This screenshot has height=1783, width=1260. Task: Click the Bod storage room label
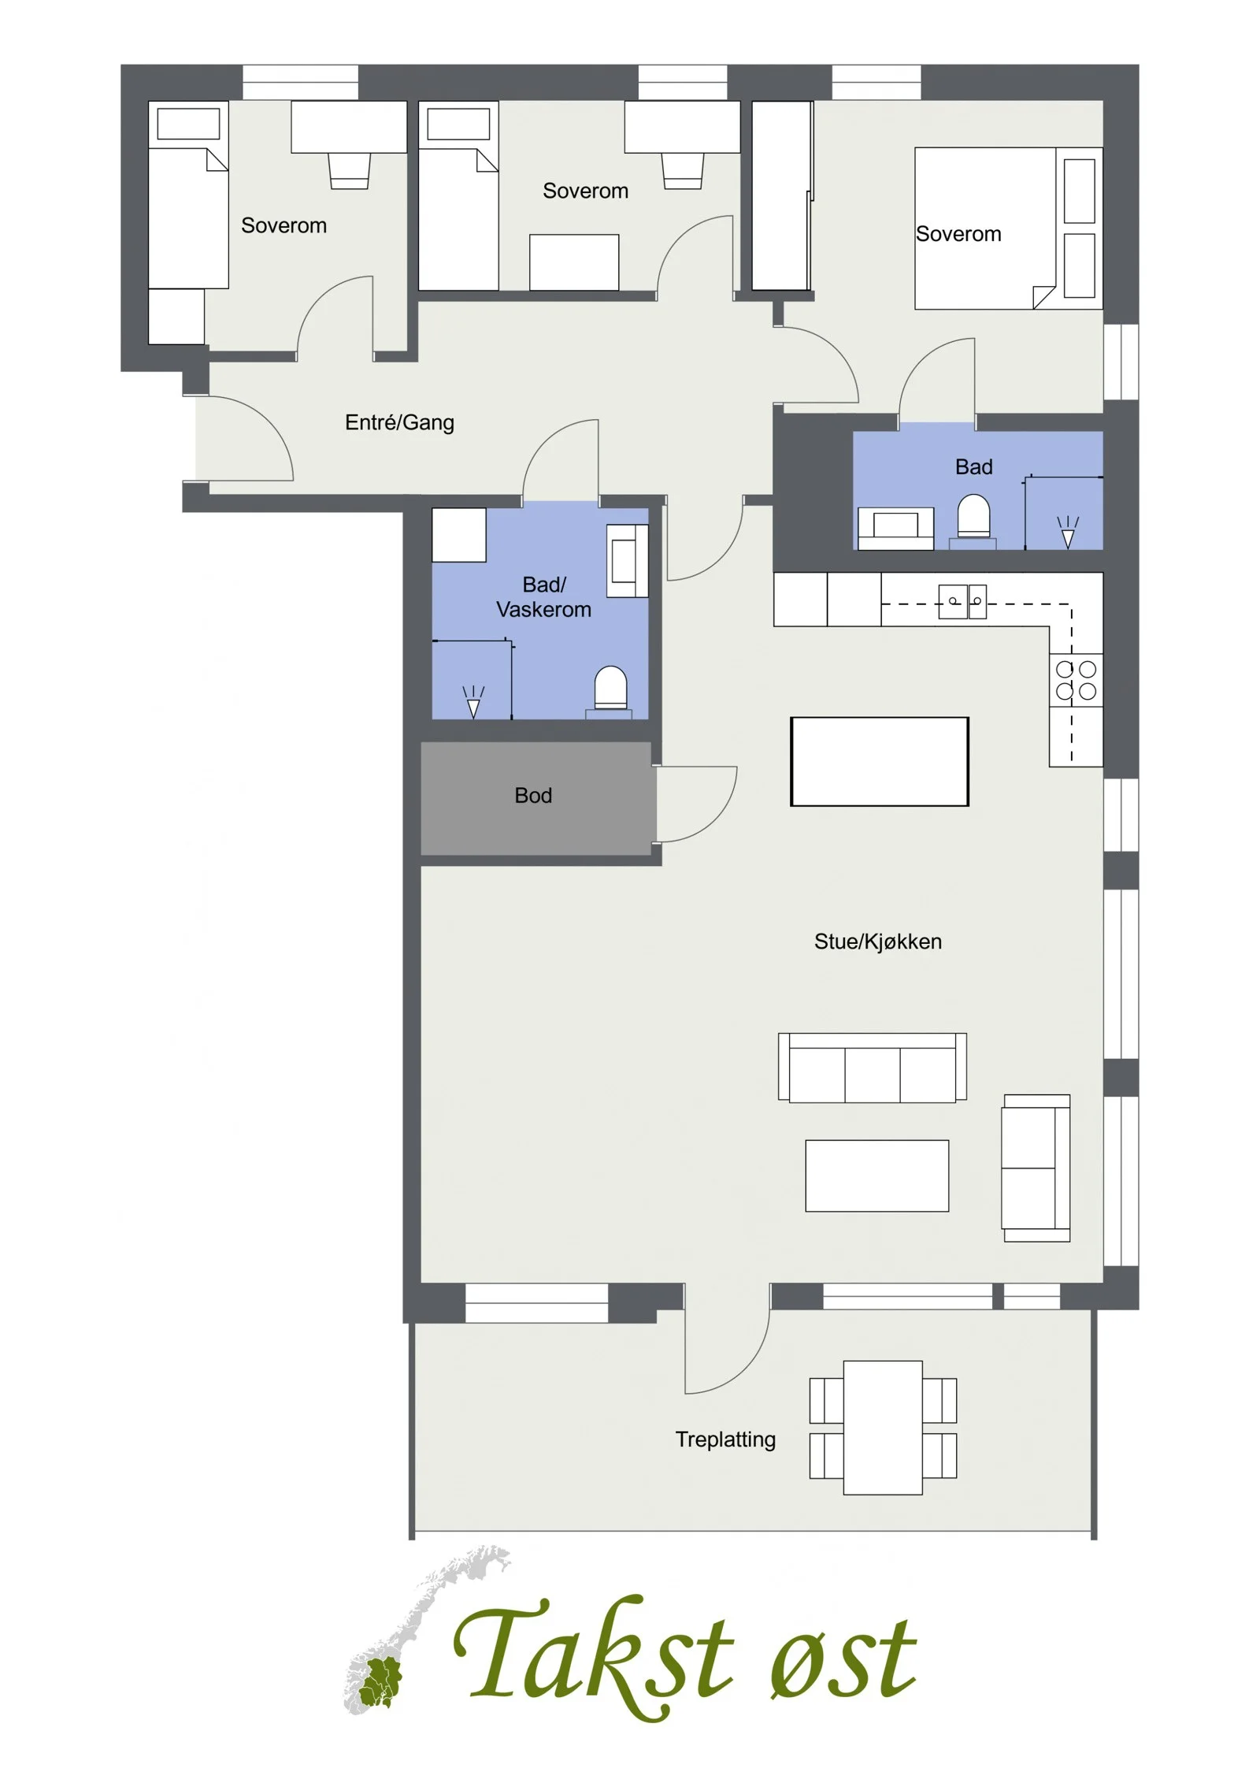(533, 795)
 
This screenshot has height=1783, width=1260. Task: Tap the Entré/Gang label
(399, 422)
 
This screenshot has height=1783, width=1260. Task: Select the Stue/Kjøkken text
(877, 941)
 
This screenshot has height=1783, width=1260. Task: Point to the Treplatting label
(725, 1439)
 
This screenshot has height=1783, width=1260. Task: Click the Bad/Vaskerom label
(543, 596)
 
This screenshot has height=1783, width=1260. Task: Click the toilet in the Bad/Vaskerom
(610, 692)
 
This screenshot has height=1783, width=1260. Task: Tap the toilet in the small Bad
(973, 520)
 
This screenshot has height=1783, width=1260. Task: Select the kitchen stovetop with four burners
(1076, 681)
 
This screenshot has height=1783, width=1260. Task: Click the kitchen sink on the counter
(962, 602)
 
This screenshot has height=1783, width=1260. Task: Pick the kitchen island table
(880, 761)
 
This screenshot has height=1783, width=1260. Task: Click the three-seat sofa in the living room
(872, 1067)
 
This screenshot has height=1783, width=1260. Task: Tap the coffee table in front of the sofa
(876, 1175)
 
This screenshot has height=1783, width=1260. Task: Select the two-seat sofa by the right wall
(1036, 1168)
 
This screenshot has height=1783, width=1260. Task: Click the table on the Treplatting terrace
(883, 1427)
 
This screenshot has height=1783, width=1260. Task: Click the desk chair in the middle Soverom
(682, 170)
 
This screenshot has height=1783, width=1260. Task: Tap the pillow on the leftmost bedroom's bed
(188, 123)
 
